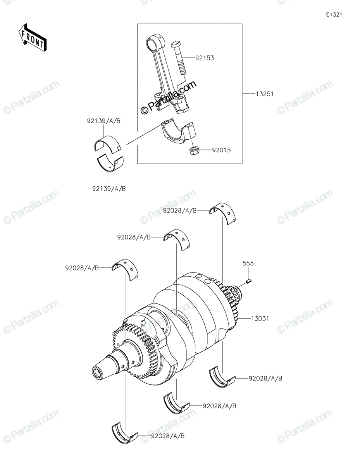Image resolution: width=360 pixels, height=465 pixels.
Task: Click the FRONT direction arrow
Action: point(32,38)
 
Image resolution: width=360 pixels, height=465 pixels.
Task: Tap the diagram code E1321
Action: point(334,15)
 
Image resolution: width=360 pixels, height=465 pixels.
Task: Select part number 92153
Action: point(205,58)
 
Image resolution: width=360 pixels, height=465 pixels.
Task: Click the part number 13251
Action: point(265,94)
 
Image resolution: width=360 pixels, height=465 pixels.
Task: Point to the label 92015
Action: point(221,150)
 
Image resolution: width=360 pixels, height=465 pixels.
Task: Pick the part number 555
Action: point(248,263)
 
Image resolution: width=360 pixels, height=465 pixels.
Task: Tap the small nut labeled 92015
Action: point(194,150)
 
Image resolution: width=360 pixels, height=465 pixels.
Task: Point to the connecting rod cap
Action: point(179,132)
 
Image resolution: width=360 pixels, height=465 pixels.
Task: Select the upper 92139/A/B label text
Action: point(104,121)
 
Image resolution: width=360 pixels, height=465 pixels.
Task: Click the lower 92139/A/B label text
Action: point(109,189)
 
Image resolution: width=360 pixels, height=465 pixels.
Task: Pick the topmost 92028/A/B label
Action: point(180,210)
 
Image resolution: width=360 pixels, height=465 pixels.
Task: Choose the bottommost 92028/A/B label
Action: point(168,436)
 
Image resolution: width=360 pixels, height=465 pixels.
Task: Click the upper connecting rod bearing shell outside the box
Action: point(108,145)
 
